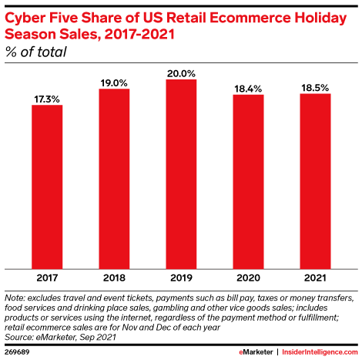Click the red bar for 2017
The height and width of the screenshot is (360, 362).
click(47, 186)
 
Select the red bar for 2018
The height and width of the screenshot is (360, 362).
click(114, 178)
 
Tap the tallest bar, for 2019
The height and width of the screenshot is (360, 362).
click(181, 173)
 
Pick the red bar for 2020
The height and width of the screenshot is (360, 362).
click(248, 180)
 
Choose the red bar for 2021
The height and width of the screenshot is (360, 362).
click(315, 180)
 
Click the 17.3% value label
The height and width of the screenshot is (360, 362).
click(47, 97)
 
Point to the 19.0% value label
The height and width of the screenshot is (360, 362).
click(114, 81)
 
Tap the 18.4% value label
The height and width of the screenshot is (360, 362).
click(248, 87)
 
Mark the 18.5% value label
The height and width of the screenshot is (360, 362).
click(315, 86)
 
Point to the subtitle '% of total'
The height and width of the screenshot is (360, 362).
click(36, 52)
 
